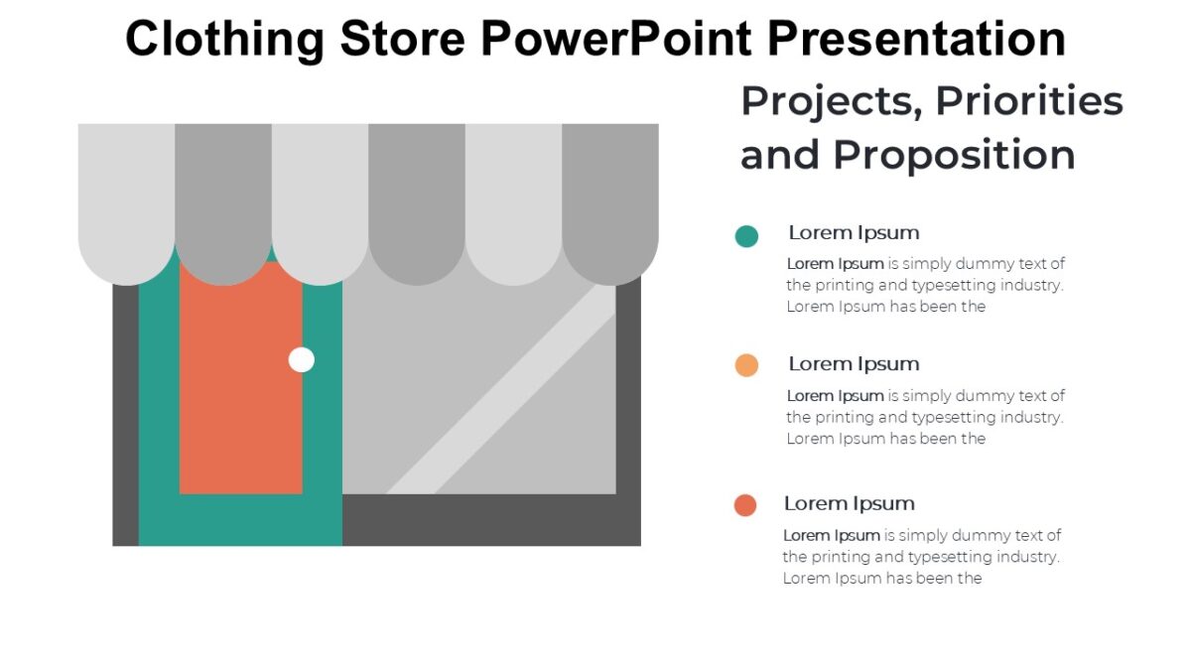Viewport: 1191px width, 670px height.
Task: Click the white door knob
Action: pyautogui.click(x=302, y=359)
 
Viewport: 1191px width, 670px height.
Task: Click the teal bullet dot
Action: pyautogui.click(x=746, y=236)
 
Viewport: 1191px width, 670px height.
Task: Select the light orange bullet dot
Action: pyautogui.click(x=746, y=365)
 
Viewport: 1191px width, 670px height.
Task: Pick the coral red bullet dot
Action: pyautogui.click(x=745, y=505)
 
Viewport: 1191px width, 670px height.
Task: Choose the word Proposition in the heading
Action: pyautogui.click(x=954, y=156)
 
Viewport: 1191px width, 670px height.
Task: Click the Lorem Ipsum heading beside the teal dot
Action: pyautogui.click(x=854, y=232)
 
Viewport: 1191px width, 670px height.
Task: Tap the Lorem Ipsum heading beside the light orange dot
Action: pyautogui.click(x=854, y=363)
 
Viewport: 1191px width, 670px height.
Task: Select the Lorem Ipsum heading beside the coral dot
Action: pyautogui.click(x=849, y=503)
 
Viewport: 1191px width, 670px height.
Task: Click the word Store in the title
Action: pyautogui.click(x=401, y=40)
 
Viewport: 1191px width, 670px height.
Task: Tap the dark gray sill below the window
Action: pyautogui.click(x=491, y=519)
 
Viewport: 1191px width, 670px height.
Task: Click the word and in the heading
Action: pyautogui.click(x=780, y=156)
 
